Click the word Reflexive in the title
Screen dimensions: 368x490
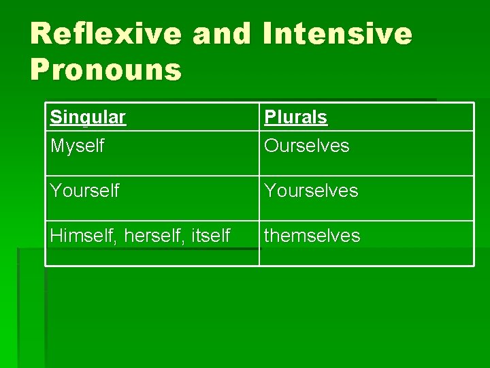point(106,33)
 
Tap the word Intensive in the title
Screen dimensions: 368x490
point(338,33)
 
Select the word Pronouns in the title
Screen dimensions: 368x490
point(106,70)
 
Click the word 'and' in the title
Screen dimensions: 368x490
point(222,33)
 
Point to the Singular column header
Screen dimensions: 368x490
point(88,117)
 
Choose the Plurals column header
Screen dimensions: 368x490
point(295,117)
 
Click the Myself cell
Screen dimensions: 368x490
point(77,146)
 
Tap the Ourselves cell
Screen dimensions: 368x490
point(306,146)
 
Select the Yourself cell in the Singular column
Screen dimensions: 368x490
point(84,191)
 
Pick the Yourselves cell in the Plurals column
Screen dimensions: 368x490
point(310,191)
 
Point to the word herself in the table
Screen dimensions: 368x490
point(147,236)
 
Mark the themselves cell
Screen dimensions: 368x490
point(312,236)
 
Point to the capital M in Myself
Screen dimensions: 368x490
point(56,146)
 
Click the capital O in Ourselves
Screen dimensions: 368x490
point(272,146)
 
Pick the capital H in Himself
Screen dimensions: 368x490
point(56,236)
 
